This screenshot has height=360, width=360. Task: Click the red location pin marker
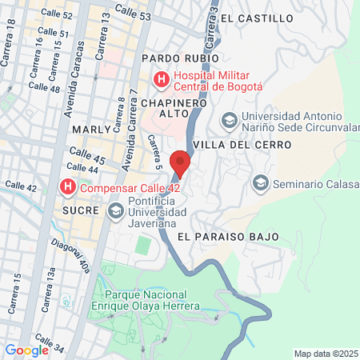click(x=181, y=162)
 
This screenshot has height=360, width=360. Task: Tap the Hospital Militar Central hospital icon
click(x=161, y=79)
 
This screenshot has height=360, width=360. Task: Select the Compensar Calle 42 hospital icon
click(x=68, y=188)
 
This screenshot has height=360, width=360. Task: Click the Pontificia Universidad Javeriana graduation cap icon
click(x=115, y=210)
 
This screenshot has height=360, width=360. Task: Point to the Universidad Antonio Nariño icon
click(x=229, y=119)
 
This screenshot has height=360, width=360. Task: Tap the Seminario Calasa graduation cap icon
click(x=260, y=183)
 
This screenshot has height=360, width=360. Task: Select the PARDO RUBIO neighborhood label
click(x=173, y=59)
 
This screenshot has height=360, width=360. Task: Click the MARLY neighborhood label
click(x=89, y=129)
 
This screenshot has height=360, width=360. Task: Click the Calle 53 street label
click(x=133, y=11)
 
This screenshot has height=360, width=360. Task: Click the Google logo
click(x=26, y=350)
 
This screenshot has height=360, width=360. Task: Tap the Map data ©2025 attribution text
click(x=325, y=354)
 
